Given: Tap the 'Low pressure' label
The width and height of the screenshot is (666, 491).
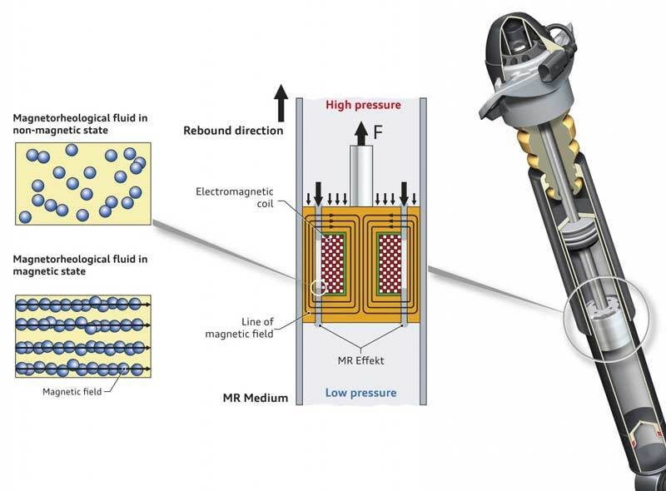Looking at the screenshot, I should (x=361, y=392).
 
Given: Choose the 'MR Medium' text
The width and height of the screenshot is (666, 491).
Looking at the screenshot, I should (x=255, y=398).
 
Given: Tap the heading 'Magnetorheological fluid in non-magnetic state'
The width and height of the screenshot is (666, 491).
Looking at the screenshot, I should (x=81, y=124).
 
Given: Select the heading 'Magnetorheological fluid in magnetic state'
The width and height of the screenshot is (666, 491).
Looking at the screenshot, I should (x=81, y=265).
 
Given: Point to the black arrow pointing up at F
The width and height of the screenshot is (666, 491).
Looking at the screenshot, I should (x=360, y=131).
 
